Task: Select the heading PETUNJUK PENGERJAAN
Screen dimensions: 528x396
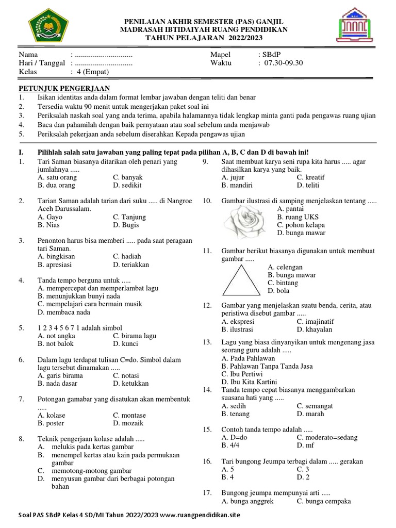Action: point(64,88)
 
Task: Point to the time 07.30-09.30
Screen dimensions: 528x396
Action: point(283,63)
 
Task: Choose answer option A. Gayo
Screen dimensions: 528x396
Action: point(50,217)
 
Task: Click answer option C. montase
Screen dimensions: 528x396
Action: point(129,415)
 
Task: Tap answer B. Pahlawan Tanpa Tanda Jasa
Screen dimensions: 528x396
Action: point(267,366)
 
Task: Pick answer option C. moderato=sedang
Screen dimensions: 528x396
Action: point(327,437)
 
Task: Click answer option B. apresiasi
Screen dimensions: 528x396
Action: point(56,265)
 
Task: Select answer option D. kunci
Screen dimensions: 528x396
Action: point(124,343)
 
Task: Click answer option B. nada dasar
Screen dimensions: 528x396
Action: point(57,383)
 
